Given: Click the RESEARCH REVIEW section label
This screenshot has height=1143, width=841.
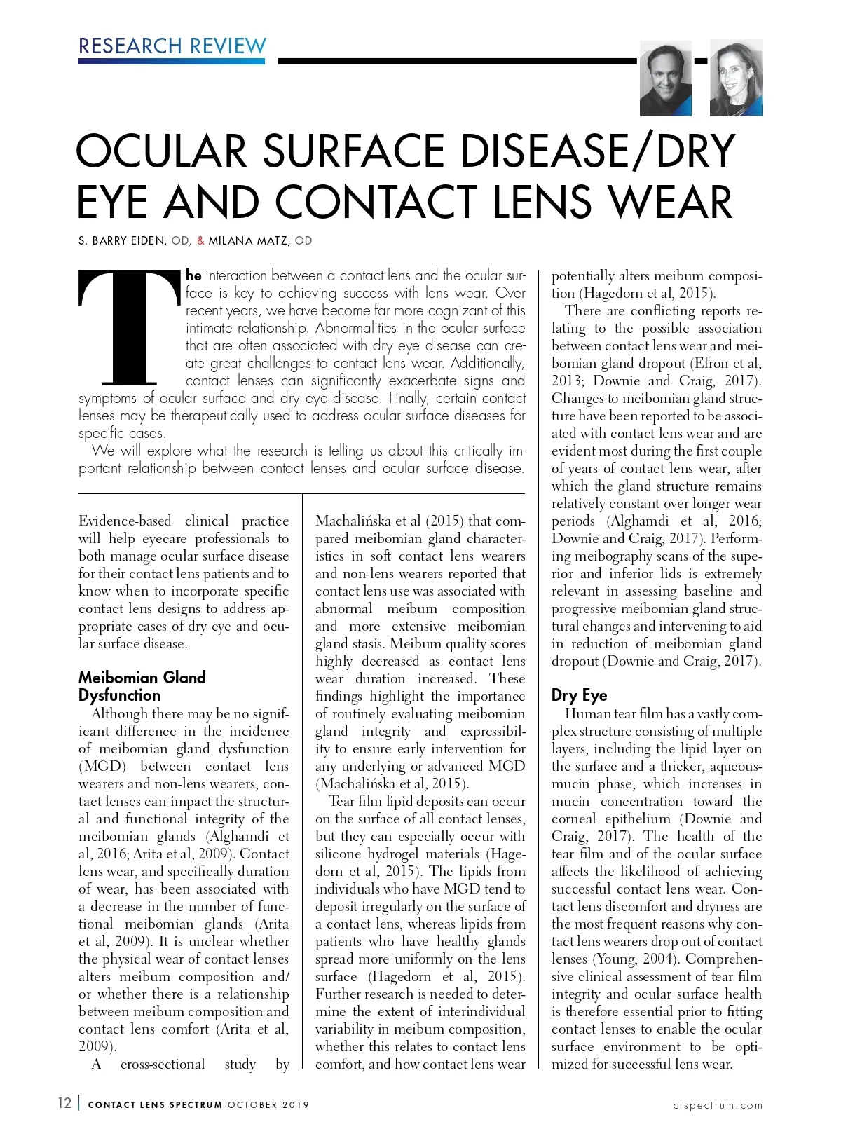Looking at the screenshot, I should pos(172,46).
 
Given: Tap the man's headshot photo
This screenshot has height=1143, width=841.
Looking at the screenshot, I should pos(665,78).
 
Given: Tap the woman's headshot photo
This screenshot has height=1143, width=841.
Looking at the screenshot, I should pos(735,78).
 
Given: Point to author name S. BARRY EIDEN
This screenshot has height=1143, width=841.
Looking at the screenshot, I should pos(122,241).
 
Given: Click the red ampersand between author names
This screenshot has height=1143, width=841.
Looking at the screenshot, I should pos(200,241).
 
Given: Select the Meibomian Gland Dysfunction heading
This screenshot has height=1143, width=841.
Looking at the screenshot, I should pos(142,686).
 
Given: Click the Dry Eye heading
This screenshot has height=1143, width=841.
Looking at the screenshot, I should pos(579,695).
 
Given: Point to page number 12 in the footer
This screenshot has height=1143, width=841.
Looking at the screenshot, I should pos(64,1103).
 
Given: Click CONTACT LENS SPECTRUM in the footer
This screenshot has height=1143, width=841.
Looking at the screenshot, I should pos(155,1105).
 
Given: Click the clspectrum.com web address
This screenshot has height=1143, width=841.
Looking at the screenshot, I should pos(718,1105).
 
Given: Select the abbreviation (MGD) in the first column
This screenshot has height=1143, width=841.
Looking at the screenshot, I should pos(102,766).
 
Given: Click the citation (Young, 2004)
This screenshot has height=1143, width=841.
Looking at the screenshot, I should pos(636,959).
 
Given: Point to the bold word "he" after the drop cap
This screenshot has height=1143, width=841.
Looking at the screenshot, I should pos(193,275).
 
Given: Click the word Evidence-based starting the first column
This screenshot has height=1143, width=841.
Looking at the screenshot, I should pos(125,521).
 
